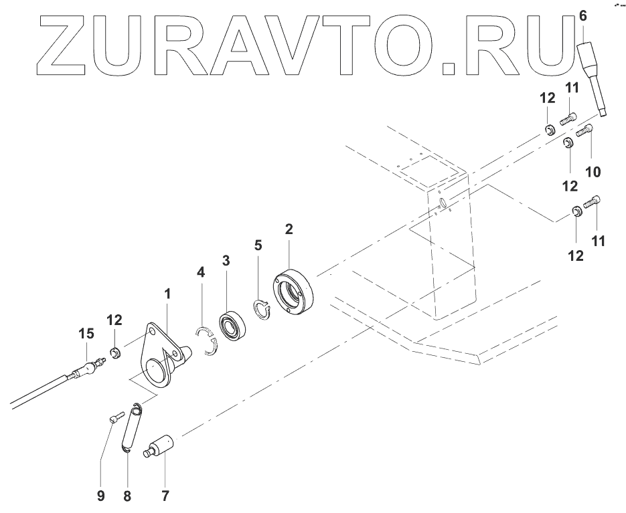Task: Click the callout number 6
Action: pos(581,15)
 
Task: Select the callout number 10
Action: pos(593,172)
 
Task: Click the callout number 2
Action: pos(289,229)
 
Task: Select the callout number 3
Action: pos(226,260)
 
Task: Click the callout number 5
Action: pos(259,245)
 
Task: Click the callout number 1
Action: pos(168,294)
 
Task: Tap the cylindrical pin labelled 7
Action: pos(161,446)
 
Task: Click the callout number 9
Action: pos(101,496)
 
